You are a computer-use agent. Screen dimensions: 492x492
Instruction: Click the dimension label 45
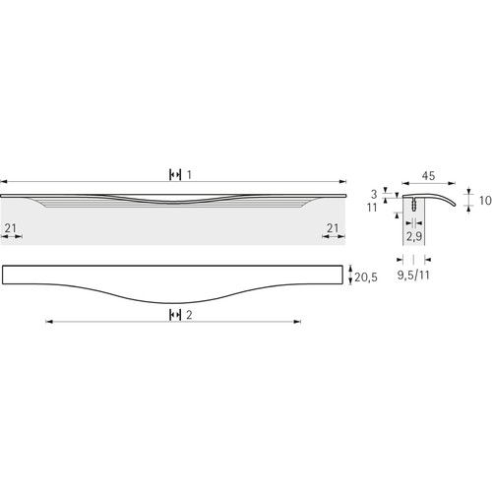coord(428,176)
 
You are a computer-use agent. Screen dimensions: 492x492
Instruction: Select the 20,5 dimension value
coord(366,277)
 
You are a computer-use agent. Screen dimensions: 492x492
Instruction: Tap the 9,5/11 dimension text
coord(413,275)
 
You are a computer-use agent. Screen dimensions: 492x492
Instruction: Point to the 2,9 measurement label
coord(414,236)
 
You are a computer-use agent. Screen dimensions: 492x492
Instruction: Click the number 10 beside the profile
coord(485,201)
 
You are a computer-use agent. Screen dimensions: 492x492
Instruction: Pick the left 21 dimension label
coord(10,228)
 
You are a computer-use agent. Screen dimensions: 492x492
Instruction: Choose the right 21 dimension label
coord(333,228)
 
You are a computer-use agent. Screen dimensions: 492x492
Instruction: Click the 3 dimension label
coord(374,194)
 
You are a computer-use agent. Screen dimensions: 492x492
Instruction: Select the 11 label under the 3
coord(372,208)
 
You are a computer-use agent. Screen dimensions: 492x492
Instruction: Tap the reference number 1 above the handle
coord(189,175)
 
